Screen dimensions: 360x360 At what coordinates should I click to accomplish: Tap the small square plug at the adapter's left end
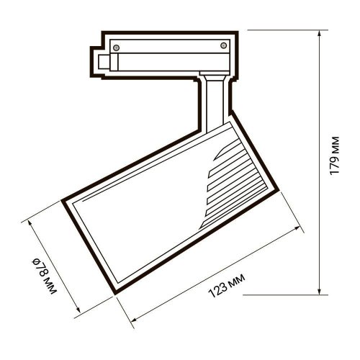click(x=99, y=60)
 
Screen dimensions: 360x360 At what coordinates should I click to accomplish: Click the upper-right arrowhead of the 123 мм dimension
click(x=297, y=230)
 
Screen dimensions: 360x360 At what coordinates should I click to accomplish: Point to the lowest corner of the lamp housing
click(x=115, y=293)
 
